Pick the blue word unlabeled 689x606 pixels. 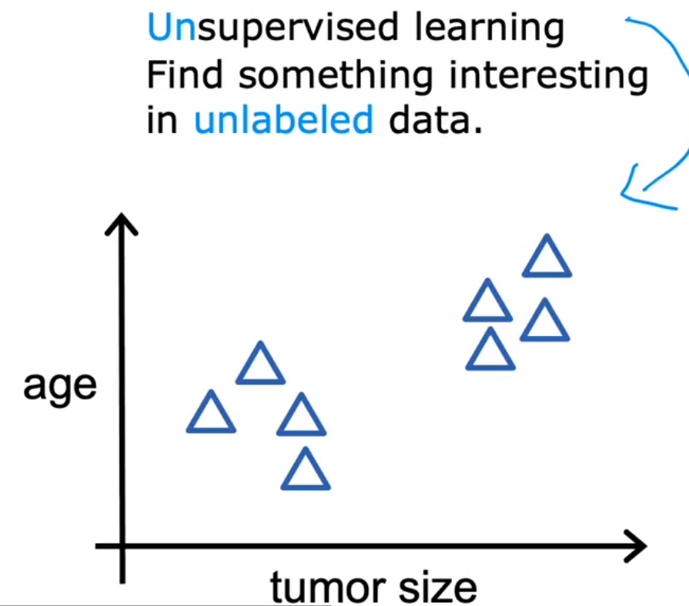pos(283,121)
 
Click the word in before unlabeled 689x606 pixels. pos(162,121)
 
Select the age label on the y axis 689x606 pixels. pos(60,387)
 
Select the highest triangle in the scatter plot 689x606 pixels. pos(547,258)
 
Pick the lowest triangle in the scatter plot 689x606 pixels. pos(306,471)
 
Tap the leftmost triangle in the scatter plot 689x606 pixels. pos(211,414)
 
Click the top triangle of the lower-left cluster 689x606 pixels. pos(260,365)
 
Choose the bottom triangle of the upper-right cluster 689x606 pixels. pos(490,351)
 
